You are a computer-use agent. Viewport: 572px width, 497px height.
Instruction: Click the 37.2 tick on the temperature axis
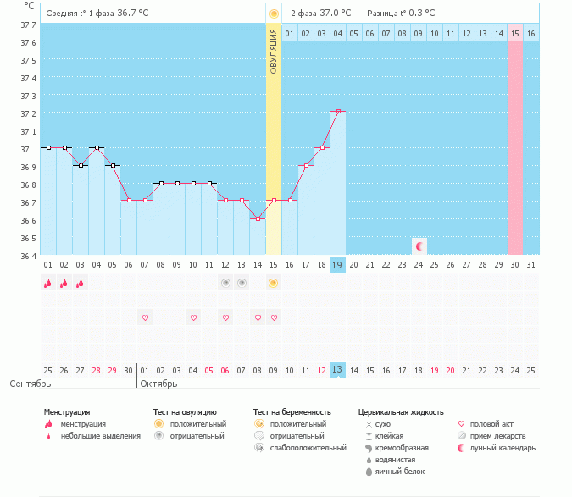click(x=28, y=113)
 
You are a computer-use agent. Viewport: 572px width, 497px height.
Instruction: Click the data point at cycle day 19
click(x=338, y=111)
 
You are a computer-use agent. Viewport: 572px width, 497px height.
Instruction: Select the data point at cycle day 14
click(x=258, y=218)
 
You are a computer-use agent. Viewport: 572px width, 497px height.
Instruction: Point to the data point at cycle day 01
click(x=48, y=147)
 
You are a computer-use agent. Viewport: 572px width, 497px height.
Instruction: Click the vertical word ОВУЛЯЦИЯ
click(x=273, y=50)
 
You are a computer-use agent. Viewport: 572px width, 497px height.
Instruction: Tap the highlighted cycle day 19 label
click(x=337, y=265)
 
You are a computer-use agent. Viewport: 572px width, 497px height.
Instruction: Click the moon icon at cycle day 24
click(x=419, y=246)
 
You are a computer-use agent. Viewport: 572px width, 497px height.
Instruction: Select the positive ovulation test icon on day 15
click(x=273, y=283)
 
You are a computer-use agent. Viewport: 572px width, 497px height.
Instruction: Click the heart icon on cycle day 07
click(x=145, y=318)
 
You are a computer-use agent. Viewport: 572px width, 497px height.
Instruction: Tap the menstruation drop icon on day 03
click(x=81, y=284)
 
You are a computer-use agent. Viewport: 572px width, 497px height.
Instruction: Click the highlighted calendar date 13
click(x=337, y=370)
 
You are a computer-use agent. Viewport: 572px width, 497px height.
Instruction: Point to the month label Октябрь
click(x=158, y=384)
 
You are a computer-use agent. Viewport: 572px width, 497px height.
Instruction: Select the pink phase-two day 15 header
click(x=514, y=33)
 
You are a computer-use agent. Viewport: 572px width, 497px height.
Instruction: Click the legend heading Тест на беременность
click(x=292, y=411)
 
